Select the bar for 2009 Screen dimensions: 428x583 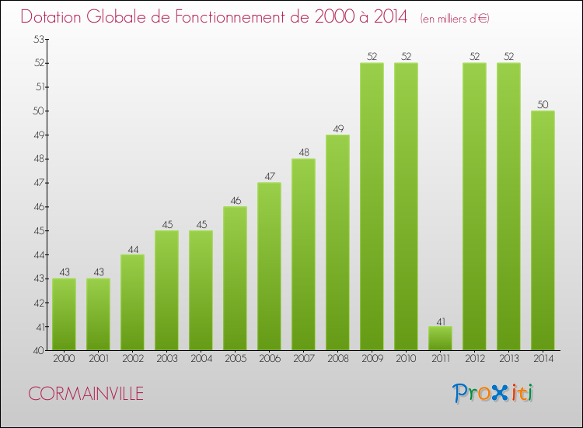[x=372, y=206]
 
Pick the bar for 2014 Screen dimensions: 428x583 [x=543, y=230]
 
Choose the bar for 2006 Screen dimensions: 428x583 [x=269, y=266]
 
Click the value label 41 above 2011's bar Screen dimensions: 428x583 [x=440, y=321]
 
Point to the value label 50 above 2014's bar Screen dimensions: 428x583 [x=543, y=104]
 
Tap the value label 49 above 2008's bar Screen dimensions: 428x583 [x=337, y=128]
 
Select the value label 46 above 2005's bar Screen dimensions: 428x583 [x=235, y=201]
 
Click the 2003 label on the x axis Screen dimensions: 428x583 [x=166, y=359]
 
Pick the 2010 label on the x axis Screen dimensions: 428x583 [x=406, y=359]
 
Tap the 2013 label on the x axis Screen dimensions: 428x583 [x=508, y=359]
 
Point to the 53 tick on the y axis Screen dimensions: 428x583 [x=37, y=39]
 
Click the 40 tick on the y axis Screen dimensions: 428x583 [x=37, y=351]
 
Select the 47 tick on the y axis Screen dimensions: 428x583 [x=37, y=183]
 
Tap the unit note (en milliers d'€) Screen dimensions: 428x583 [x=455, y=18]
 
